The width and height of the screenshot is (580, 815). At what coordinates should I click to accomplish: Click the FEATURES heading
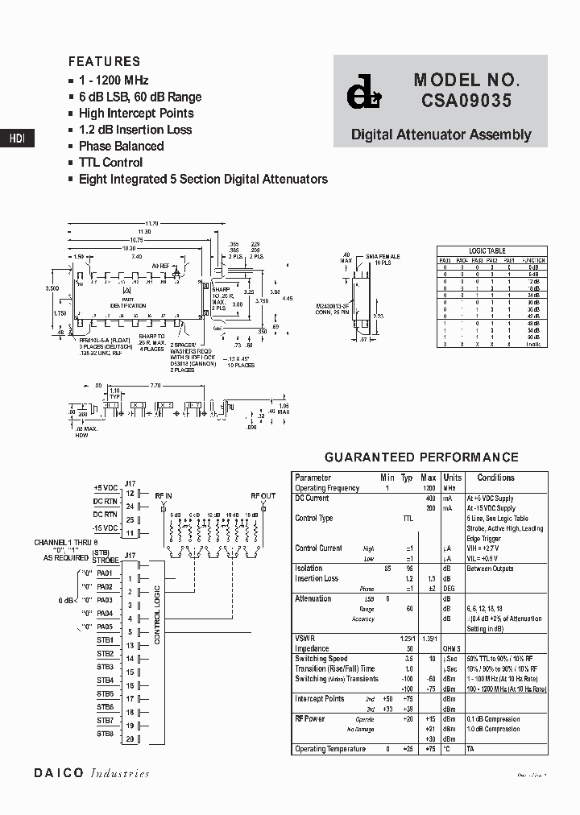tap(104, 61)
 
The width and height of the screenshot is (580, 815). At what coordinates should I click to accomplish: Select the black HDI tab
tap(17, 139)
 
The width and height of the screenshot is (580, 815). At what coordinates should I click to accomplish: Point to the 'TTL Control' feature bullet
tap(110, 163)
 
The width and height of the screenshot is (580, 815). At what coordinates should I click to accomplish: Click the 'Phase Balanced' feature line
tap(121, 146)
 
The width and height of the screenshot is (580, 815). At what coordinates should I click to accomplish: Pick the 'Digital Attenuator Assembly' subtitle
tap(441, 134)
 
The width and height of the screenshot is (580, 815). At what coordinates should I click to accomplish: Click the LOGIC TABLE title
tap(487, 251)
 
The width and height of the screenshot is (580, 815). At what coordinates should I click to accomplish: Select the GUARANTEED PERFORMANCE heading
tap(421, 457)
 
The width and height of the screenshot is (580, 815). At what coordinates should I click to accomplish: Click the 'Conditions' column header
tap(495, 478)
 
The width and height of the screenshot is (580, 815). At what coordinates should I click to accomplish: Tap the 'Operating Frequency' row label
tap(327, 488)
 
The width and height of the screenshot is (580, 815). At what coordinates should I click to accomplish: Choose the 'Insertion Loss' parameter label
tap(317, 578)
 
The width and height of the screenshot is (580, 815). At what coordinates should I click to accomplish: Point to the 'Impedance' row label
tap(312, 648)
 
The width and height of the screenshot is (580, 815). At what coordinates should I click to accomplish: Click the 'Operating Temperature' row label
tap(330, 749)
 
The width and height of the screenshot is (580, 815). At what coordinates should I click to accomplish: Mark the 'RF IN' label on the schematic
tap(164, 496)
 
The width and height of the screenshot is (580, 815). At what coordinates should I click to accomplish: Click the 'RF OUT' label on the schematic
tap(263, 496)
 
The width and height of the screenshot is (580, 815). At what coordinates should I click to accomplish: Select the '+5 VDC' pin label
tap(106, 488)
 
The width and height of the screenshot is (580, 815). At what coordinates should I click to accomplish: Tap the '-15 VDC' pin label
tap(106, 527)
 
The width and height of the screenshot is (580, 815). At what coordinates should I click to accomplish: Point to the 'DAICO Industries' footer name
tap(92, 773)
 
